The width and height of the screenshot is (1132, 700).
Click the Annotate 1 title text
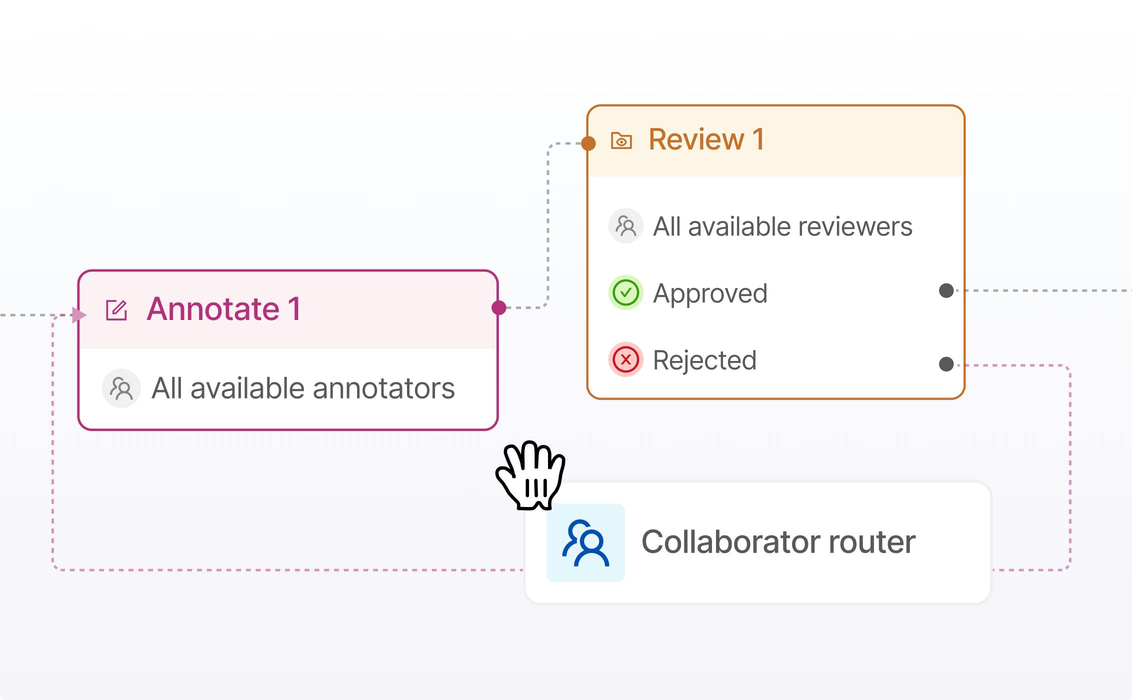(x=223, y=308)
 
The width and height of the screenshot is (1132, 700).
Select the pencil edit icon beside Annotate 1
(x=116, y=310)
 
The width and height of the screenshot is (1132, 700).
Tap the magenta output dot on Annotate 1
(x=498, y=307)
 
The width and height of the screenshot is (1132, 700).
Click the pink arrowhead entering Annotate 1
(x=79, y=315)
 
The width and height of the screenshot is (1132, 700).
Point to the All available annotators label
(x=303, y=388)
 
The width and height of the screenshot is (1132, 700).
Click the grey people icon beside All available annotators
(x=121, y=388)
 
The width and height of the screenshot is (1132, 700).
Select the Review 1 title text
(x=706, y=139)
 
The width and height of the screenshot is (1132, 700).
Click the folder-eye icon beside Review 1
(x=621, y=140)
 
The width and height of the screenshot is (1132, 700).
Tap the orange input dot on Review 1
(x=588, y=143)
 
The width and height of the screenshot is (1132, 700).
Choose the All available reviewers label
(x=782, y=226)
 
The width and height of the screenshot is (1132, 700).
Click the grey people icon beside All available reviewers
(x=625, y=226)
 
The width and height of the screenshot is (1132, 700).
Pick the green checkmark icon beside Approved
(x=625, y=292)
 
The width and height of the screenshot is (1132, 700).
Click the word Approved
(x=710, y=293)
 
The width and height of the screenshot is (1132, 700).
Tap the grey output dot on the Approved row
(x=946, y=290)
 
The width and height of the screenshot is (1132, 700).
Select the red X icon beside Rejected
(x=625, y=359)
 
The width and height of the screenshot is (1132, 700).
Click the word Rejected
(x=704, y=360)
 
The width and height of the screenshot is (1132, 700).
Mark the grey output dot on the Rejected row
(x=946, y=364)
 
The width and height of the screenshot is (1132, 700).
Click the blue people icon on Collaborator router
(x=585, y=542)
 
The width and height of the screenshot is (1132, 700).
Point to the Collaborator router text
(x=778, y=542)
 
